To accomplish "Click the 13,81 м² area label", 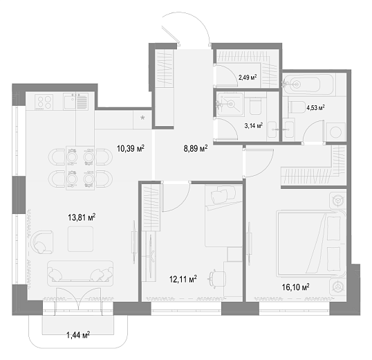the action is pyautogui.click(x=82, y=217).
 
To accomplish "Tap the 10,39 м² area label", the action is pyautogui.click(x=131, y=149).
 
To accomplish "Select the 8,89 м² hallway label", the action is pyautogui.click(x=196, y=149).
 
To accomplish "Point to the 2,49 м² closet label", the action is pyautogui.click(x=248, y=77).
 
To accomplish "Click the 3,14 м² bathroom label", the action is pyautogui.click(x=254, y=125).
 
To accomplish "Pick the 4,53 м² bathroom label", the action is pyautogui.click(x=315, y=108).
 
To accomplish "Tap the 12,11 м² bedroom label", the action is pyautogui.click(x=183, y=279).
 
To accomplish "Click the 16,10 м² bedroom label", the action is pyautogui.click(x=296, y=287).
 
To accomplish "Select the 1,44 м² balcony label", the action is pyautogui.click(x=78, y=335).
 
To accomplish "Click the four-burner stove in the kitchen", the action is pyautogui.click(x=44, y=102).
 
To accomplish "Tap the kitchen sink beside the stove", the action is pyautogui.click(x=75, y=101).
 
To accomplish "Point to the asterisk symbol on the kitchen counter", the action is pyautogui.click(x=142, y=118).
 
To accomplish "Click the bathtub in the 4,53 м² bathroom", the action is pyautogui.click(x=308, y=84).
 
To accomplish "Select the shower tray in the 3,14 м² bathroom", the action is pyautogui.click(x=230, y=105).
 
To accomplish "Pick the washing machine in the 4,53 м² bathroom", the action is pyautogui.click(x=336, y=132).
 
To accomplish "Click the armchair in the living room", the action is pyautogui.click(x=41, y=242).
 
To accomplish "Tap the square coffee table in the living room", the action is pyautogui.click(x=80, y=239).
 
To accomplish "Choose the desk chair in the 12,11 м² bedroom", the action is pyautogui.click(x=217, y=278).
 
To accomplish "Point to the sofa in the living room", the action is pyautogui.click(x=80, y=273).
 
